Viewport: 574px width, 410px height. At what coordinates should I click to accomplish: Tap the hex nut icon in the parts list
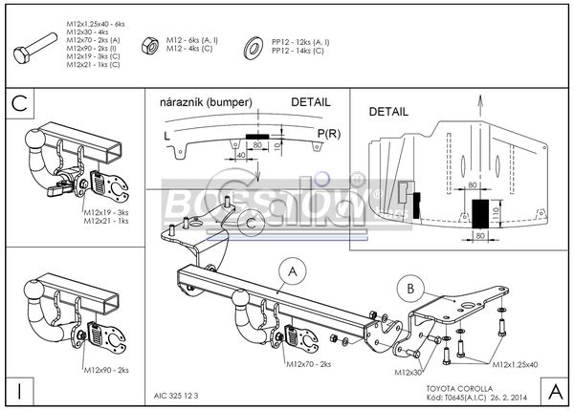coord(150,44)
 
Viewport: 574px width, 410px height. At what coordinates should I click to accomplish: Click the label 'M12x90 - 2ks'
coord(108,369)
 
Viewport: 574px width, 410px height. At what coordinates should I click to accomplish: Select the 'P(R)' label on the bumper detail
coord(328,131)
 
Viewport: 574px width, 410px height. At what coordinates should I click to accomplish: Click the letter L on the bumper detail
coord(168,135)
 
